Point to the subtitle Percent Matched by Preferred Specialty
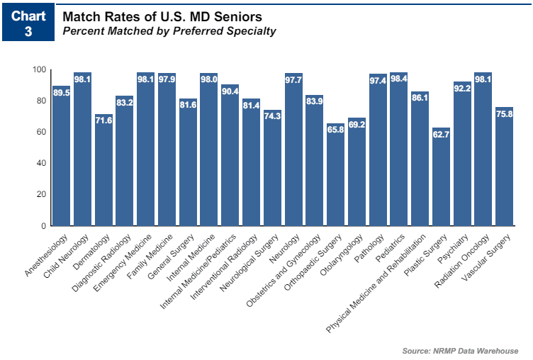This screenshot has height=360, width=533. (169, 31)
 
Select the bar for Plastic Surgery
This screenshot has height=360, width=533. (441, 176)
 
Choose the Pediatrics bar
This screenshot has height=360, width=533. (399, 149)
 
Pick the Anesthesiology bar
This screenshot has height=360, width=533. (61, 156)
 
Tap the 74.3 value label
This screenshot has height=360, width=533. (272, 116)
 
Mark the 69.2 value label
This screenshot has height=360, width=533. (357, 124)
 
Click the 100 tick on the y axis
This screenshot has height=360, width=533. (38, 69)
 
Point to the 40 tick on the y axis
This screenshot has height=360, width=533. (40, 163)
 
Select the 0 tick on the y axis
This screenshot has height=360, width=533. (43, 225)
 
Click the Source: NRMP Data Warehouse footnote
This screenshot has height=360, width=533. (460, 351)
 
